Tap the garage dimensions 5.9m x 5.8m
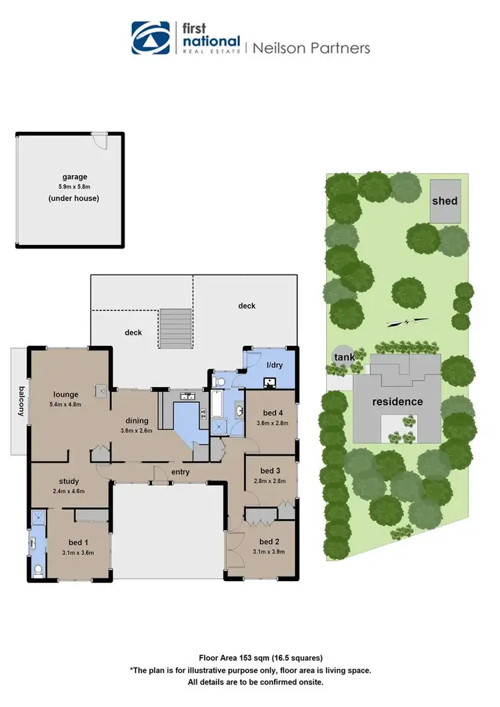(75, 187)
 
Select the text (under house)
(75, 199)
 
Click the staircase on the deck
(176, 329)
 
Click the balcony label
(21, 401)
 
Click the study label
(69, 481)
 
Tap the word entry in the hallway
(180, 472)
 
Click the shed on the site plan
(445, 201)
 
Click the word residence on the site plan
(397, 402)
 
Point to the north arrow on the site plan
(408, 322)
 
